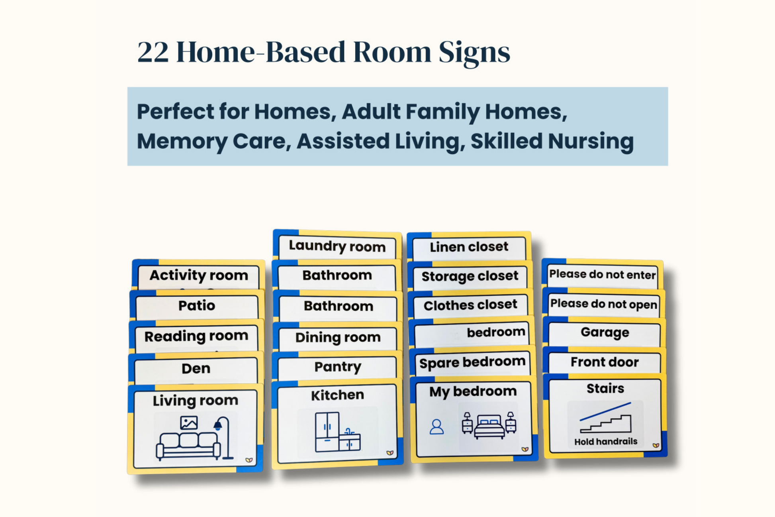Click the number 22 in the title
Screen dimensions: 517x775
click(x=153, y=52)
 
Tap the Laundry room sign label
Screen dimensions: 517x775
click(x=337, y=246)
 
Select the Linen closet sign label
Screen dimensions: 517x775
click(x=469, y=247)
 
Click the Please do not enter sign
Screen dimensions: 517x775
click(x=602, y=274)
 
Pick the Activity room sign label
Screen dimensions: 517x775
click(x=198, y=275)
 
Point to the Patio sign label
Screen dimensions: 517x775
click(x=196, y=306)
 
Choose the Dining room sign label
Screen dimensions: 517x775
click(x=338, y=337)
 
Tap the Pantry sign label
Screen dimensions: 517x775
click(x=338, y=366)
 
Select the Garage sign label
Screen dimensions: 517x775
click(x=605, y=332)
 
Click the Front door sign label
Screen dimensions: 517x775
click(x=604, y=362)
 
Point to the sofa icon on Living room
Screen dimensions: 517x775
click(x=188, y=446)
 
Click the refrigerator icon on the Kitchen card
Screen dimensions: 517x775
click(x=327, y=432)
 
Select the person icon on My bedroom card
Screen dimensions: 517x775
click(x=436, y=427)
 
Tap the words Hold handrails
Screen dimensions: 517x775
click(x=605, y=442)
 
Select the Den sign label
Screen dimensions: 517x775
click(x=196, y=368)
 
